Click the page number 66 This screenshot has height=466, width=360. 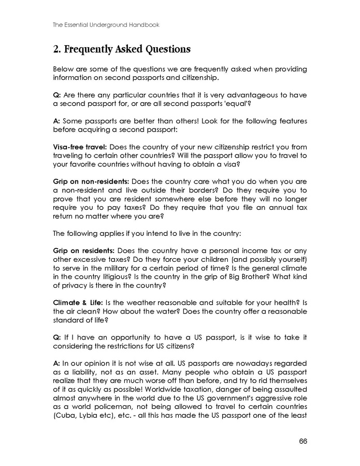coord(303,441)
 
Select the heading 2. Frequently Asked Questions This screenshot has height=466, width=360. coord(122,50)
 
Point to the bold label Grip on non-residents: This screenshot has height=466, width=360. coord(90,182)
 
